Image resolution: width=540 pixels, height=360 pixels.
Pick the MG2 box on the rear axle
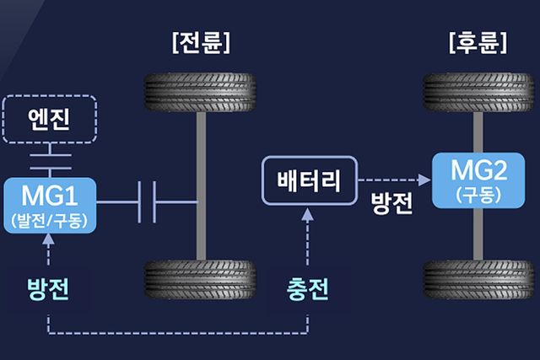pos(478,179)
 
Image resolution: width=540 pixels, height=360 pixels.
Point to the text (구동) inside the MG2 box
pos(478,195)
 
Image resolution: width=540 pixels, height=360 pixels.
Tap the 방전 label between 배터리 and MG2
pos(392,205)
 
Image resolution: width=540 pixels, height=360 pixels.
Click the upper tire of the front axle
pos(201,93)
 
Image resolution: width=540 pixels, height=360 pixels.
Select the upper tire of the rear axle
pos(478,93)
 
